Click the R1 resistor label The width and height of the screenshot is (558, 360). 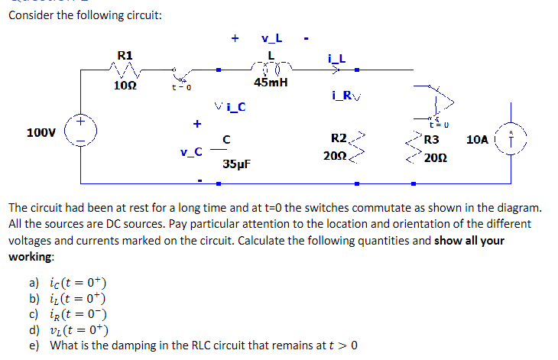click(x=125, y=54)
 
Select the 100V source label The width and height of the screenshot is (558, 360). click(x=41, y=132)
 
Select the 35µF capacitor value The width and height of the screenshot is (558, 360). click(x=237, y=164)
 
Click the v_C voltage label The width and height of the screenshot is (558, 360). click(x=191, y=151)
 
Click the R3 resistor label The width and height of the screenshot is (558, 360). click(x=432, y=140)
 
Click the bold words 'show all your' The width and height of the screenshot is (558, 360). click(x=469, y=240)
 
